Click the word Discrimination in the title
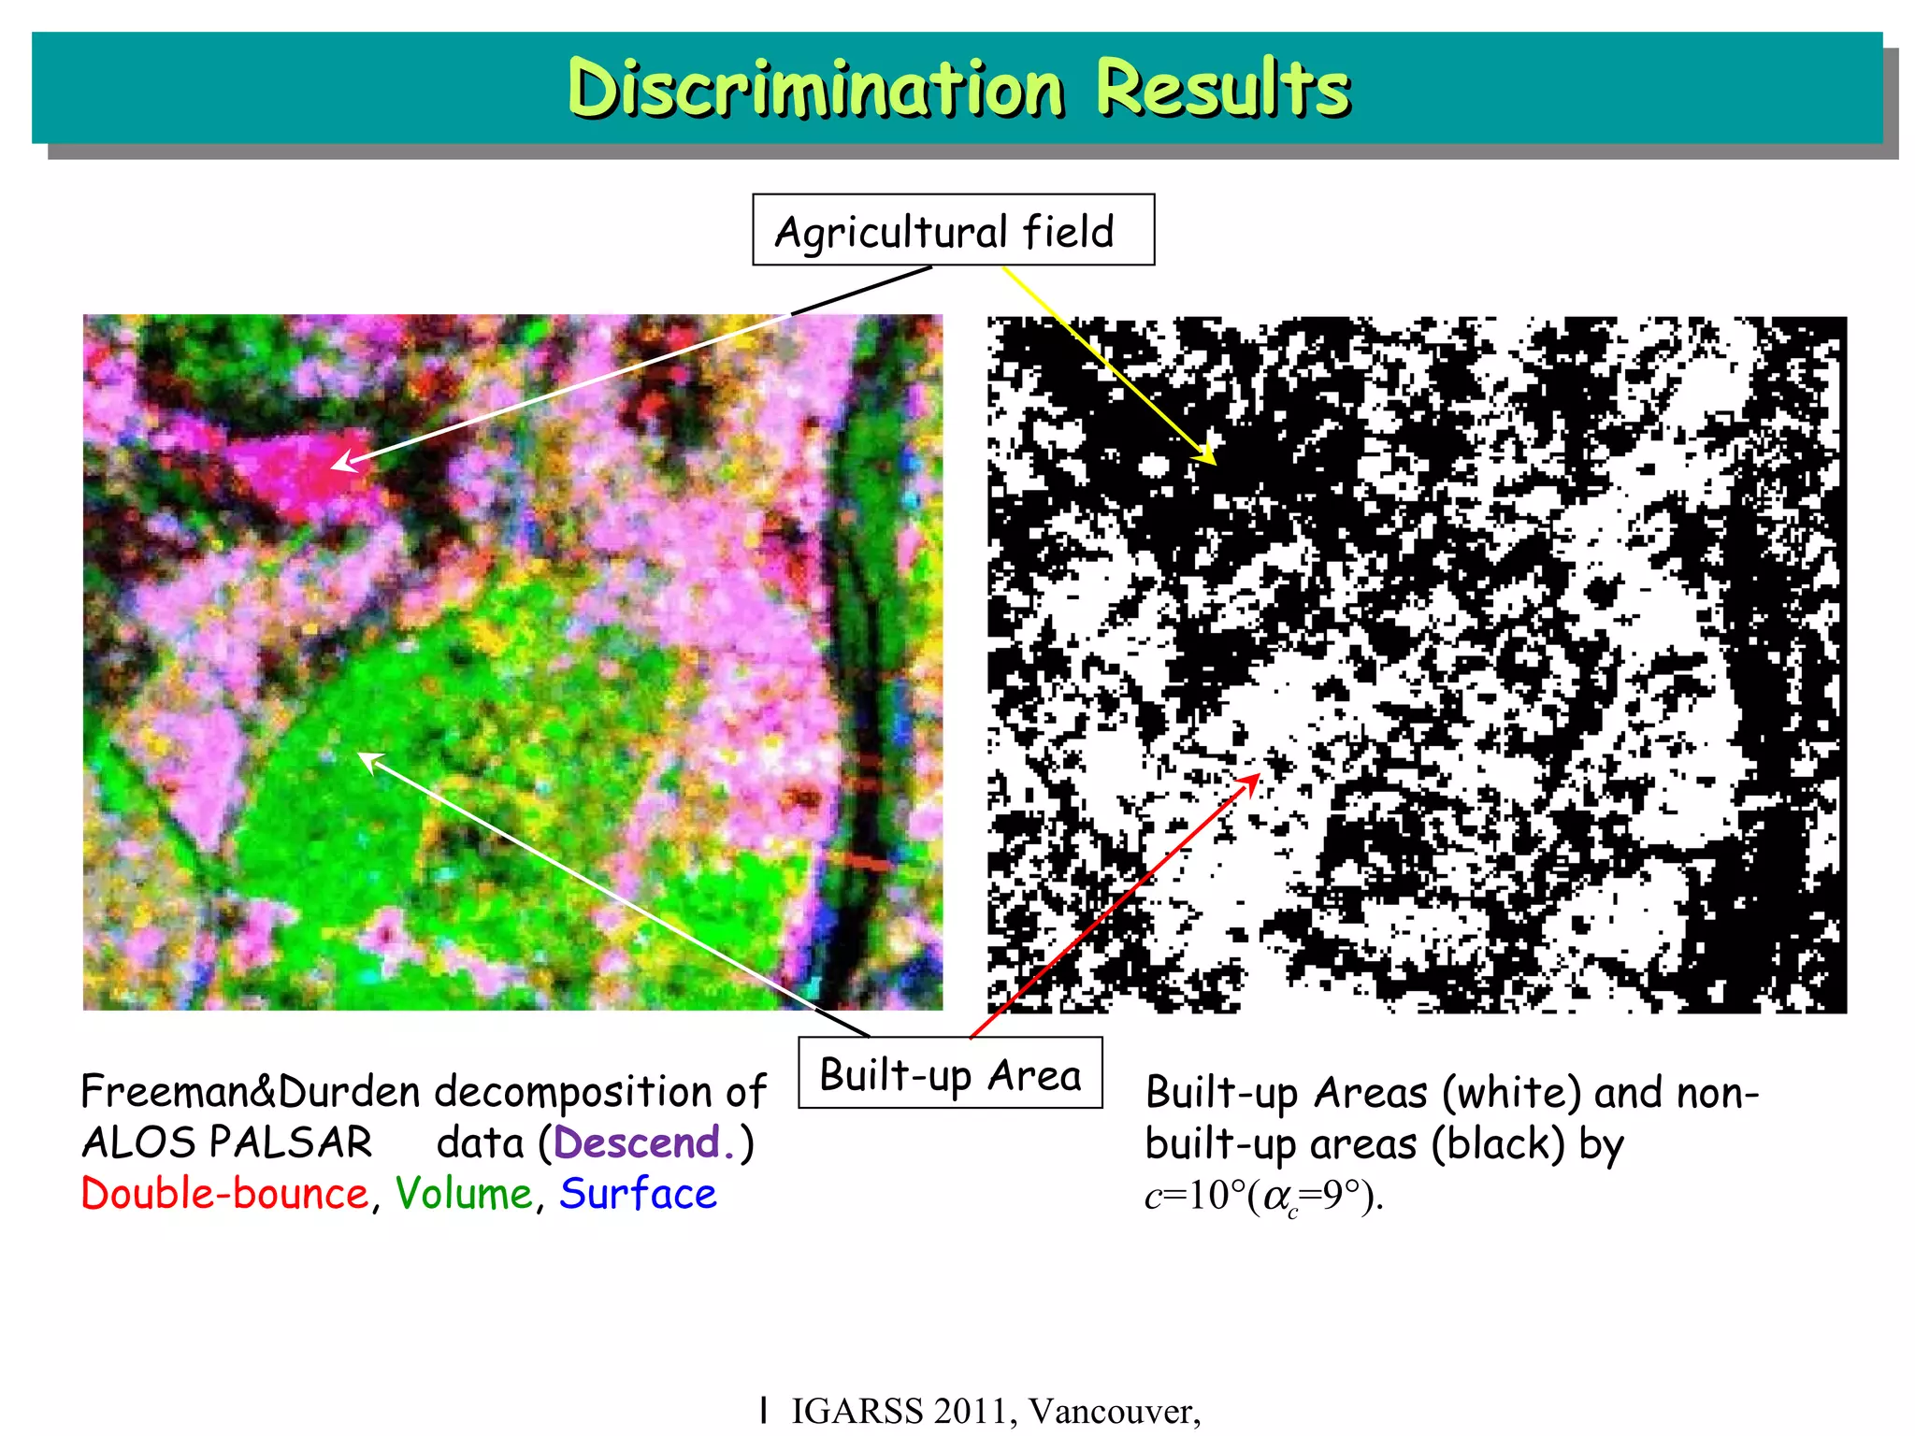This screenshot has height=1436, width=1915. (x=815, y=88)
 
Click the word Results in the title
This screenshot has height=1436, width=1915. (x=1222, y=88)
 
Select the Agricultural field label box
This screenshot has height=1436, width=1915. (x=953, y=230)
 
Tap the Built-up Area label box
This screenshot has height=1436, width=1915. (x=950, y=1073)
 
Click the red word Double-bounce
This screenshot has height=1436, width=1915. (x=225, y=1194)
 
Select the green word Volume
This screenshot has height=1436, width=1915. (x=464, y=1194)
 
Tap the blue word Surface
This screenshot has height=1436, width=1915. (x=638, y=1194)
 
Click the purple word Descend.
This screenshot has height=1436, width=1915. (x=638, y=1142)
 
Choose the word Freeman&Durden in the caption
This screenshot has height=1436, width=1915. (x=251, y=1091)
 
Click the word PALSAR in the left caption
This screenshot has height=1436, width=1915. (x=291, y=1142)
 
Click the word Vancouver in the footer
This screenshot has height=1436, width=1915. (x=1114, y=1411)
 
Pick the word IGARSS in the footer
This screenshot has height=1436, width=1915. (x=856, y=1411)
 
